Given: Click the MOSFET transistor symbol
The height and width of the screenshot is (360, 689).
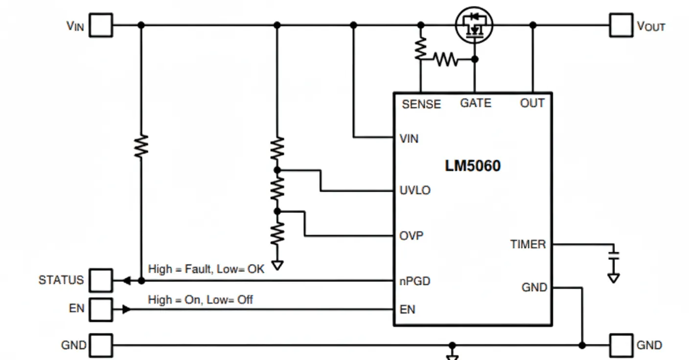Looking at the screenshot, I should pyautogui.click(x=474, y=25).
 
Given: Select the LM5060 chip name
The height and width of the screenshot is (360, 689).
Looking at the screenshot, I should pyautogui.click(x=473, y=166).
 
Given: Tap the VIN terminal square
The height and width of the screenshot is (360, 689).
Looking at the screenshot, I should pyautogui.click(x=101, y=25).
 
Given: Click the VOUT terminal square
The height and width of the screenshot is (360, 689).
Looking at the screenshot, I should pyautogui.click(x=621, y=25).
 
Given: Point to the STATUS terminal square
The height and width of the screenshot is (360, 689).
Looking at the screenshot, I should pyautogui.click(x=101, y=280).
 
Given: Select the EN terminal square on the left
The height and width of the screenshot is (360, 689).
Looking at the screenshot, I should pyautogui.click(x=101, y=309).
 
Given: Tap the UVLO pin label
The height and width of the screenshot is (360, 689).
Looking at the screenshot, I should pyautogui.click(x=415, y=190).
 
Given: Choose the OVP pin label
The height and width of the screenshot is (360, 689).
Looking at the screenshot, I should pyautogui.click(x=412, y=236).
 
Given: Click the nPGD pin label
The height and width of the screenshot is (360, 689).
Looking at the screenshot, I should pyautogui.click(x=415, y=281).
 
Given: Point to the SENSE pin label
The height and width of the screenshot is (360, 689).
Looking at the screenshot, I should pyautogui.click(x=421, y=104).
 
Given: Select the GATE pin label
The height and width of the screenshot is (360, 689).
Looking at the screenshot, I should pyautogui.click(x=476, y=103).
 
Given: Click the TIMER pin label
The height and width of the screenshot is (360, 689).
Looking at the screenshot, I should pyautogui.click(x=528, y=244).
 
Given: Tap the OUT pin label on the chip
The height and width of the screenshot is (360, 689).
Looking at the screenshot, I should pyautogui.click(x=532, y=103).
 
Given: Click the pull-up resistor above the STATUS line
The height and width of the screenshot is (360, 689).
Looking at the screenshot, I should pyautogui.click(x=141, y=146).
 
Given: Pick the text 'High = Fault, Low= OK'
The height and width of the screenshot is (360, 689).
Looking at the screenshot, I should pyautogui.click(x=206, y=269).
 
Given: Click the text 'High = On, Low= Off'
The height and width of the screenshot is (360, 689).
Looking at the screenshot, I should pyautogui.click(x=200, y=299).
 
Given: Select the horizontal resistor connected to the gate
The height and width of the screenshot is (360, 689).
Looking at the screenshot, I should pyautogui.click(x=446, y=60).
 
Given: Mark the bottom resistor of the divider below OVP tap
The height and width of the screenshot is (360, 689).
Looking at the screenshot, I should pyautogui.click(x=277, y=233).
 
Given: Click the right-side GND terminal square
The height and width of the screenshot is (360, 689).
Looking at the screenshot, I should pyautogui.click(x=621, y=345).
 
